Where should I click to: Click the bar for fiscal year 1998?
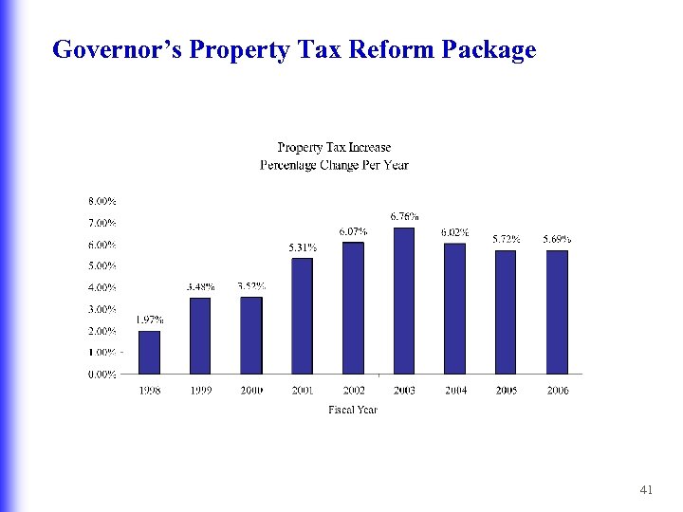click(x=149, y=352)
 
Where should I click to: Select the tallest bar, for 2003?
click(x=404, y=301)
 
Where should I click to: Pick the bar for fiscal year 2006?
click(x=557, y=312)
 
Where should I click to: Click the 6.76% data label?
click(x=405, y=217)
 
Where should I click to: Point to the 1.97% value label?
click(x=149, y=320)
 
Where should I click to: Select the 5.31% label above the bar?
click(x=303, y=247)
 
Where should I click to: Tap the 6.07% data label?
click(x=353, y=231)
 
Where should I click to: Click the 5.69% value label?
click(x=557, y=239)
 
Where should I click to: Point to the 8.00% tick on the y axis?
click(x=102, y=201)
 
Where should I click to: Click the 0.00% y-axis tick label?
click(x=102, y=374)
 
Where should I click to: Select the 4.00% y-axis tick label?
click(x=102, y=287)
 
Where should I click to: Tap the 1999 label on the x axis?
click(x=200, y=391)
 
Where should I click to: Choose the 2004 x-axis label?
click(x=455, y=391)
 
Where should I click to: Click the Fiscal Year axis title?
click(x=353, y=410)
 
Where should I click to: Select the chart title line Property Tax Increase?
click(x=334, y=147)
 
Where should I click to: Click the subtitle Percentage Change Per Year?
click(x=334, y=165)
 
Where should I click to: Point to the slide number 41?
click(x=647, y=489)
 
